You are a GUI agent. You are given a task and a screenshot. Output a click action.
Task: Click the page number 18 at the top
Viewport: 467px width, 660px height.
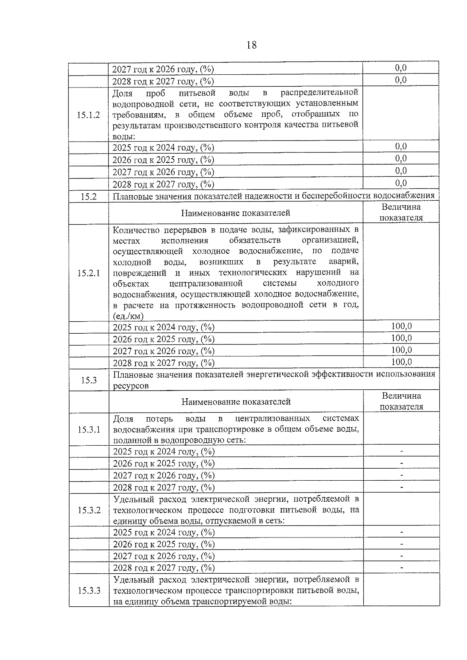pos(251,45)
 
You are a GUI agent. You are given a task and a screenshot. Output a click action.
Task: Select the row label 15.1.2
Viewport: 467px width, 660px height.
pos(88,115)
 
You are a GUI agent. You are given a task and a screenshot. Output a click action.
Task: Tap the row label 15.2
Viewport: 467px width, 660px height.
pos(88,196)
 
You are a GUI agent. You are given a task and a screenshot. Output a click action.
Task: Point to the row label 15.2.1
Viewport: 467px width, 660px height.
pos(88,273)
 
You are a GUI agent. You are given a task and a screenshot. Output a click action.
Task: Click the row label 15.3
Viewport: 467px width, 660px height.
pos(89,380)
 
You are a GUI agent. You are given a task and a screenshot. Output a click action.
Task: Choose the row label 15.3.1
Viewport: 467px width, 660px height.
pos(89,429)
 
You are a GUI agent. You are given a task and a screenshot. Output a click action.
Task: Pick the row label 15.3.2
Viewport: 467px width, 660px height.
pos(89,510)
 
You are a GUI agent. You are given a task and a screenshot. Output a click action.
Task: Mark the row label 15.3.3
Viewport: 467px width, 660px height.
pos(89,590)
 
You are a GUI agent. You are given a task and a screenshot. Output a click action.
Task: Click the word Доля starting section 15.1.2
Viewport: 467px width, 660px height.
pos(122,93)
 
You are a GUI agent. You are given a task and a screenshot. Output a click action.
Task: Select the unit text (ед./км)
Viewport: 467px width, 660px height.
pos(128,316)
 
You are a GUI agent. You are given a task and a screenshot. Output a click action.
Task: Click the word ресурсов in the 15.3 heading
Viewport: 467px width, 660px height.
pos(131,386)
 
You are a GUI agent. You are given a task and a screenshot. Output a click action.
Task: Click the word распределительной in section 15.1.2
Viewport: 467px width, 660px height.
pos(319,93)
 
